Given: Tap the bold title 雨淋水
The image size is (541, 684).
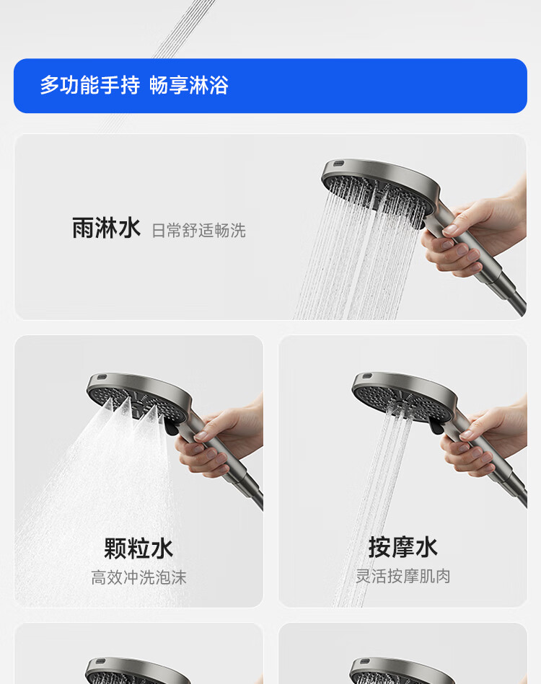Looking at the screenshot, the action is pyautogui.click(x=106, y=228).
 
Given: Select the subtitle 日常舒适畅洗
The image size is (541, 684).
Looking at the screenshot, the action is pyautogui.click(x=198, y=231).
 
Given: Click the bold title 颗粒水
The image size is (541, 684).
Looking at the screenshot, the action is pyautogui.click(x=138, y=548).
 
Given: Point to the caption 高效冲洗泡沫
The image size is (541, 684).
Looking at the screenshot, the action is pyautogui.click(x=138, y=577).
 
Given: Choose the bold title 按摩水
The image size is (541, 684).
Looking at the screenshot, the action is pyautogui.click(x=403, y=547).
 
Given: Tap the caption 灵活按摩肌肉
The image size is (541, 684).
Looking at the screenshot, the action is pyautogui.click(x=403, y=576).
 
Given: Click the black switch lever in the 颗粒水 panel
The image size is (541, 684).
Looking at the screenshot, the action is pyautogui.click(x=171, y=426).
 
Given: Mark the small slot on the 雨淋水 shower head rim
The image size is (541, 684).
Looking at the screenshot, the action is pyautogui.click(x=339, y=164).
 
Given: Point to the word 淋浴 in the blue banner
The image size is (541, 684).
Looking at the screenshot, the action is pyautogui.click(x=208, y=85).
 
